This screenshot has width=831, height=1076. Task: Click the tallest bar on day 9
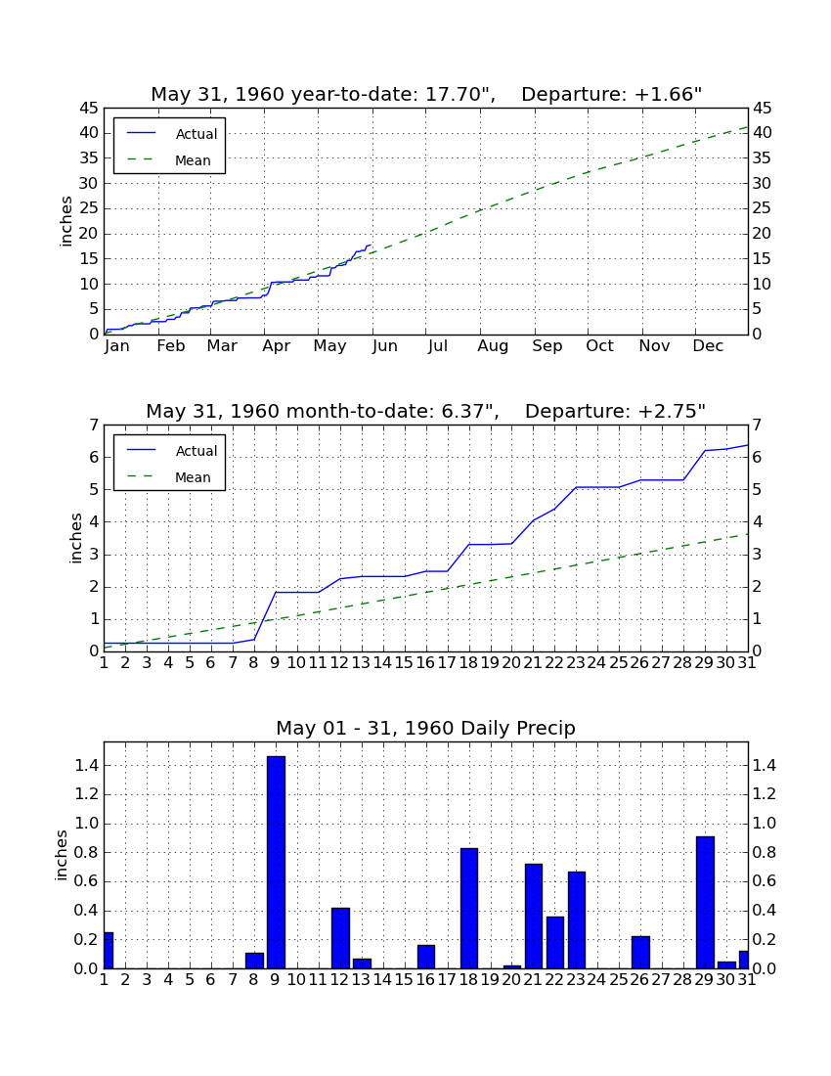coord(276,862)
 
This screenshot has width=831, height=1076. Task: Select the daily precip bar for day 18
coord(469,909)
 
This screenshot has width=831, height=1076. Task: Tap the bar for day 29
coord(705,903)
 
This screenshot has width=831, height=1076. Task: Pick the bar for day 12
coord(340,938)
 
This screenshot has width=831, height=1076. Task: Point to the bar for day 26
coord(640,953)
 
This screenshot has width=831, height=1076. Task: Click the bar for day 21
coord(534,917)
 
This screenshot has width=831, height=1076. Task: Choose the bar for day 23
coord(577,920)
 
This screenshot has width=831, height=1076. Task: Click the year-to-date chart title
coord(426,94)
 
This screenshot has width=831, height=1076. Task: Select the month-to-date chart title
coord(426,411)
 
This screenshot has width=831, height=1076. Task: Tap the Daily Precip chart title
coord(426,728)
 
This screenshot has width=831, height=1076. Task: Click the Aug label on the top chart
coord(493,346)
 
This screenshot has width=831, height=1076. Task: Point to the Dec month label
coord(708,346)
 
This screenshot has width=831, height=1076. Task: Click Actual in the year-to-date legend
coord(197,134)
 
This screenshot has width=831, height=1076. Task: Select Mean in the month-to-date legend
coord(193,477)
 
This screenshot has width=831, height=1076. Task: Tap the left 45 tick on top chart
coord(90,109)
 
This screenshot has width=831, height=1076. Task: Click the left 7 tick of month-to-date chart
coord(94,426)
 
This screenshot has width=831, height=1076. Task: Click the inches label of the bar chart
coord(62,855)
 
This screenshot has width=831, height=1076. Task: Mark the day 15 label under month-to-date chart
coord(404,663)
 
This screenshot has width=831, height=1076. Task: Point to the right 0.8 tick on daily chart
coord(765,852)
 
